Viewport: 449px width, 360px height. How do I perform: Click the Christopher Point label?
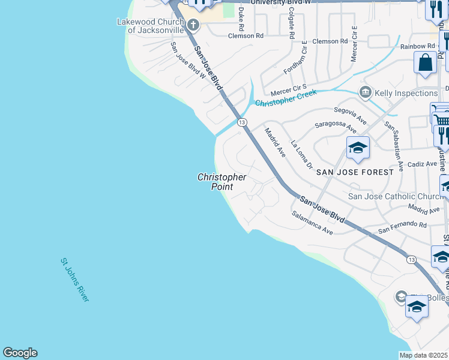(x=221, y=182)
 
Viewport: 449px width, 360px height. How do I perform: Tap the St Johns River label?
(x=74, y=280)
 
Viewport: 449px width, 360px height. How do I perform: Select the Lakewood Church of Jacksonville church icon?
(x=193, y=25)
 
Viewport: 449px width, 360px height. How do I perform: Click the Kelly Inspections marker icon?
(x=365, y=93)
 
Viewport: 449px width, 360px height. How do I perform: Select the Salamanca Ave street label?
(x=312, y=223)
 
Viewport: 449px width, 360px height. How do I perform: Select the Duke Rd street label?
(x=241, y=19)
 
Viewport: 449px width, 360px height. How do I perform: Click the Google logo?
(x=20, y=353)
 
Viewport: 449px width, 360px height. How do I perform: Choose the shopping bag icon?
(x=426, y=62)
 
